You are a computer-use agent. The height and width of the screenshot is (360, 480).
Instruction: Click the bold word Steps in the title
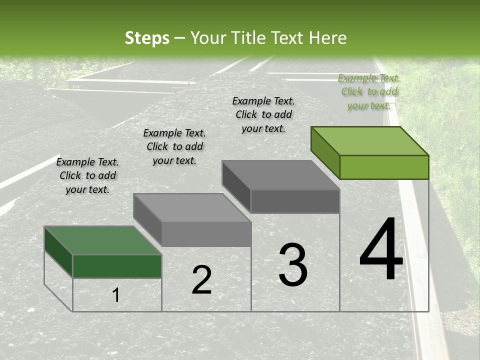[x=147, y=38]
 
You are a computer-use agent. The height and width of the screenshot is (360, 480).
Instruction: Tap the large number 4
[x=381, y=250]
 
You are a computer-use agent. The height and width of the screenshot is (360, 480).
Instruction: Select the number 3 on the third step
[x=293, y=265]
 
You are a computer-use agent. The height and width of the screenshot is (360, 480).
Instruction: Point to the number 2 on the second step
[x=201, y=280]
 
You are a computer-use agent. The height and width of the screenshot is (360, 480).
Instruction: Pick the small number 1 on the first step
[x=115, y=295]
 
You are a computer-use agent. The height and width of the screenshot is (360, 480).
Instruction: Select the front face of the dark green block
[x=117, y=266]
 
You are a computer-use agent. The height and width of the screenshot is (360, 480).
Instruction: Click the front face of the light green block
[x=384, y=167]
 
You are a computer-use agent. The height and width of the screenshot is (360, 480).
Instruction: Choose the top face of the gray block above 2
[x=192, y=207]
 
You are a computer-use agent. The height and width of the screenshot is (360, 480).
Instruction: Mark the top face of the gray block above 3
[x=281, y=175]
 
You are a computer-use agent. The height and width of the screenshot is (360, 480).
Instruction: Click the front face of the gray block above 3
[x=295, y=201]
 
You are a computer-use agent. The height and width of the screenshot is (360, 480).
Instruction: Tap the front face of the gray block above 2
[x=206, y=234]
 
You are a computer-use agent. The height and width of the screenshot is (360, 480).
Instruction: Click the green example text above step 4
[x=369, y=92]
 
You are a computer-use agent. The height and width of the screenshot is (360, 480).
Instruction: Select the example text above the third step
[x=263, y=114]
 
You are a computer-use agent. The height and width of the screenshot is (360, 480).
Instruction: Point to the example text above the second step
[x=174, y=146]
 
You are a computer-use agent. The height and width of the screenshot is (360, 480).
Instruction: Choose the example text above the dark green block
[x=87, y=175]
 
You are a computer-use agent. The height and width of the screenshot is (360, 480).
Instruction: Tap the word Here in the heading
[x=327, y=38]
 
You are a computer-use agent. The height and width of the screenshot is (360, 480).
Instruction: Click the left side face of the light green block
[x=325, y=152]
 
